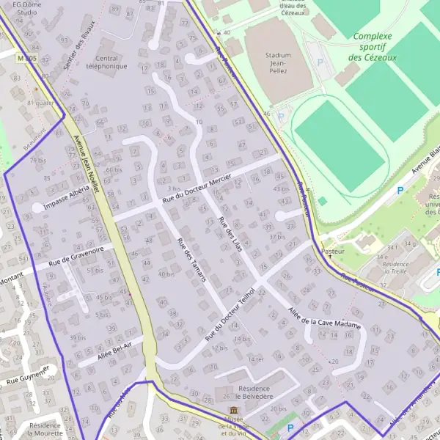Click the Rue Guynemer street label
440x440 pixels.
[x=28, y=375]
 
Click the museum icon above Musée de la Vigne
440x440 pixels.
[x=233, y=409]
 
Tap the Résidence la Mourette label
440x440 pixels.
[x=45, y=429]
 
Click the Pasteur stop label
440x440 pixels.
[x=334, y=251]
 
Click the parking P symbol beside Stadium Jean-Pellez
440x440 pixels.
[x=320, y=64]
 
